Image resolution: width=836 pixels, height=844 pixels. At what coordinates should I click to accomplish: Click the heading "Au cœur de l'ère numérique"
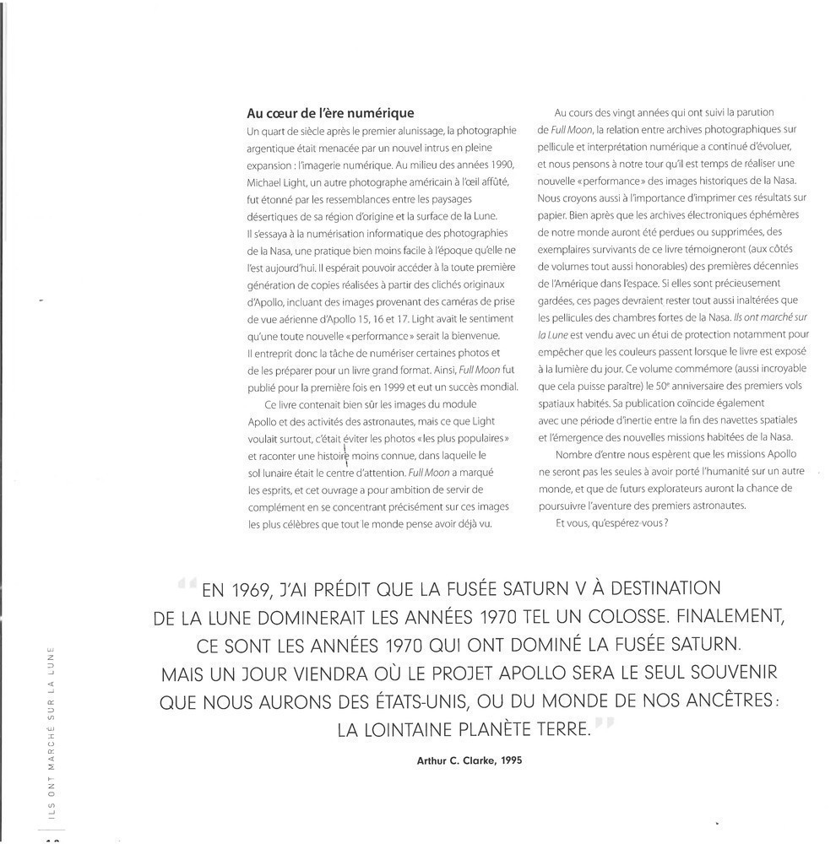click(x=330, y=113)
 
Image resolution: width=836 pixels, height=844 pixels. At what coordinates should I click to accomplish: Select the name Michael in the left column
click(x=266, y=183)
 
